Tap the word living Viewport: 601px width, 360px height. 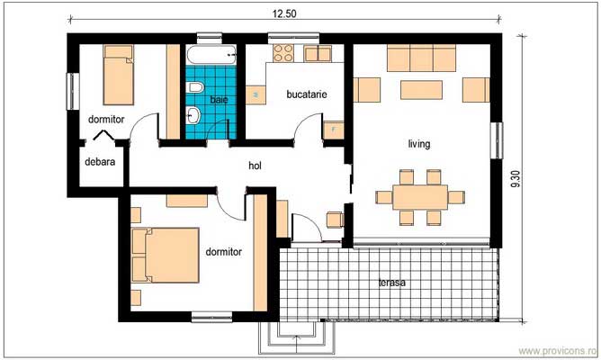point(418,143)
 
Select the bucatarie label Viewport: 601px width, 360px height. point(306,94)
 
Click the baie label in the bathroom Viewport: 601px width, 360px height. point(219,99)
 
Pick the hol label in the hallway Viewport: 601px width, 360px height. point(256,165)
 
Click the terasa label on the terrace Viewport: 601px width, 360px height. point(391,282)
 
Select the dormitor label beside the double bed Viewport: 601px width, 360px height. point(223,253)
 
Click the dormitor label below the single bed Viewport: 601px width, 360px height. point(105,118)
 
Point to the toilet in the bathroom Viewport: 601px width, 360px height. point(193,88)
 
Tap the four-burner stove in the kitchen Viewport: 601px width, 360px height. point(284,52)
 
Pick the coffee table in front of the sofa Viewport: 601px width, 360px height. point(421,90)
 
